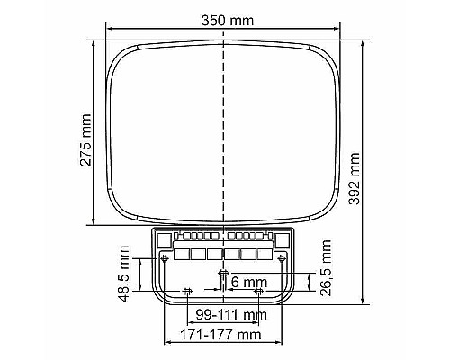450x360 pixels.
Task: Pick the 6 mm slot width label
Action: pyautogui.click(x=247, y=282)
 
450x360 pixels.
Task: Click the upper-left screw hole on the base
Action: pyautogui.click(x=165, y=258)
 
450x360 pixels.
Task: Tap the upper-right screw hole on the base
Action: pyautogui.click(x=283, y=258)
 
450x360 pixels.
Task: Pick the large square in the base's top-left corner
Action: pyautogui.click(x=165, y=239)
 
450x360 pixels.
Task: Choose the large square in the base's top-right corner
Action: pyautogui.click(x=282, y=239)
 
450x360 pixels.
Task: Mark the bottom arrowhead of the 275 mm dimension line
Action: pyautogui.click(x=94, y=221)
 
